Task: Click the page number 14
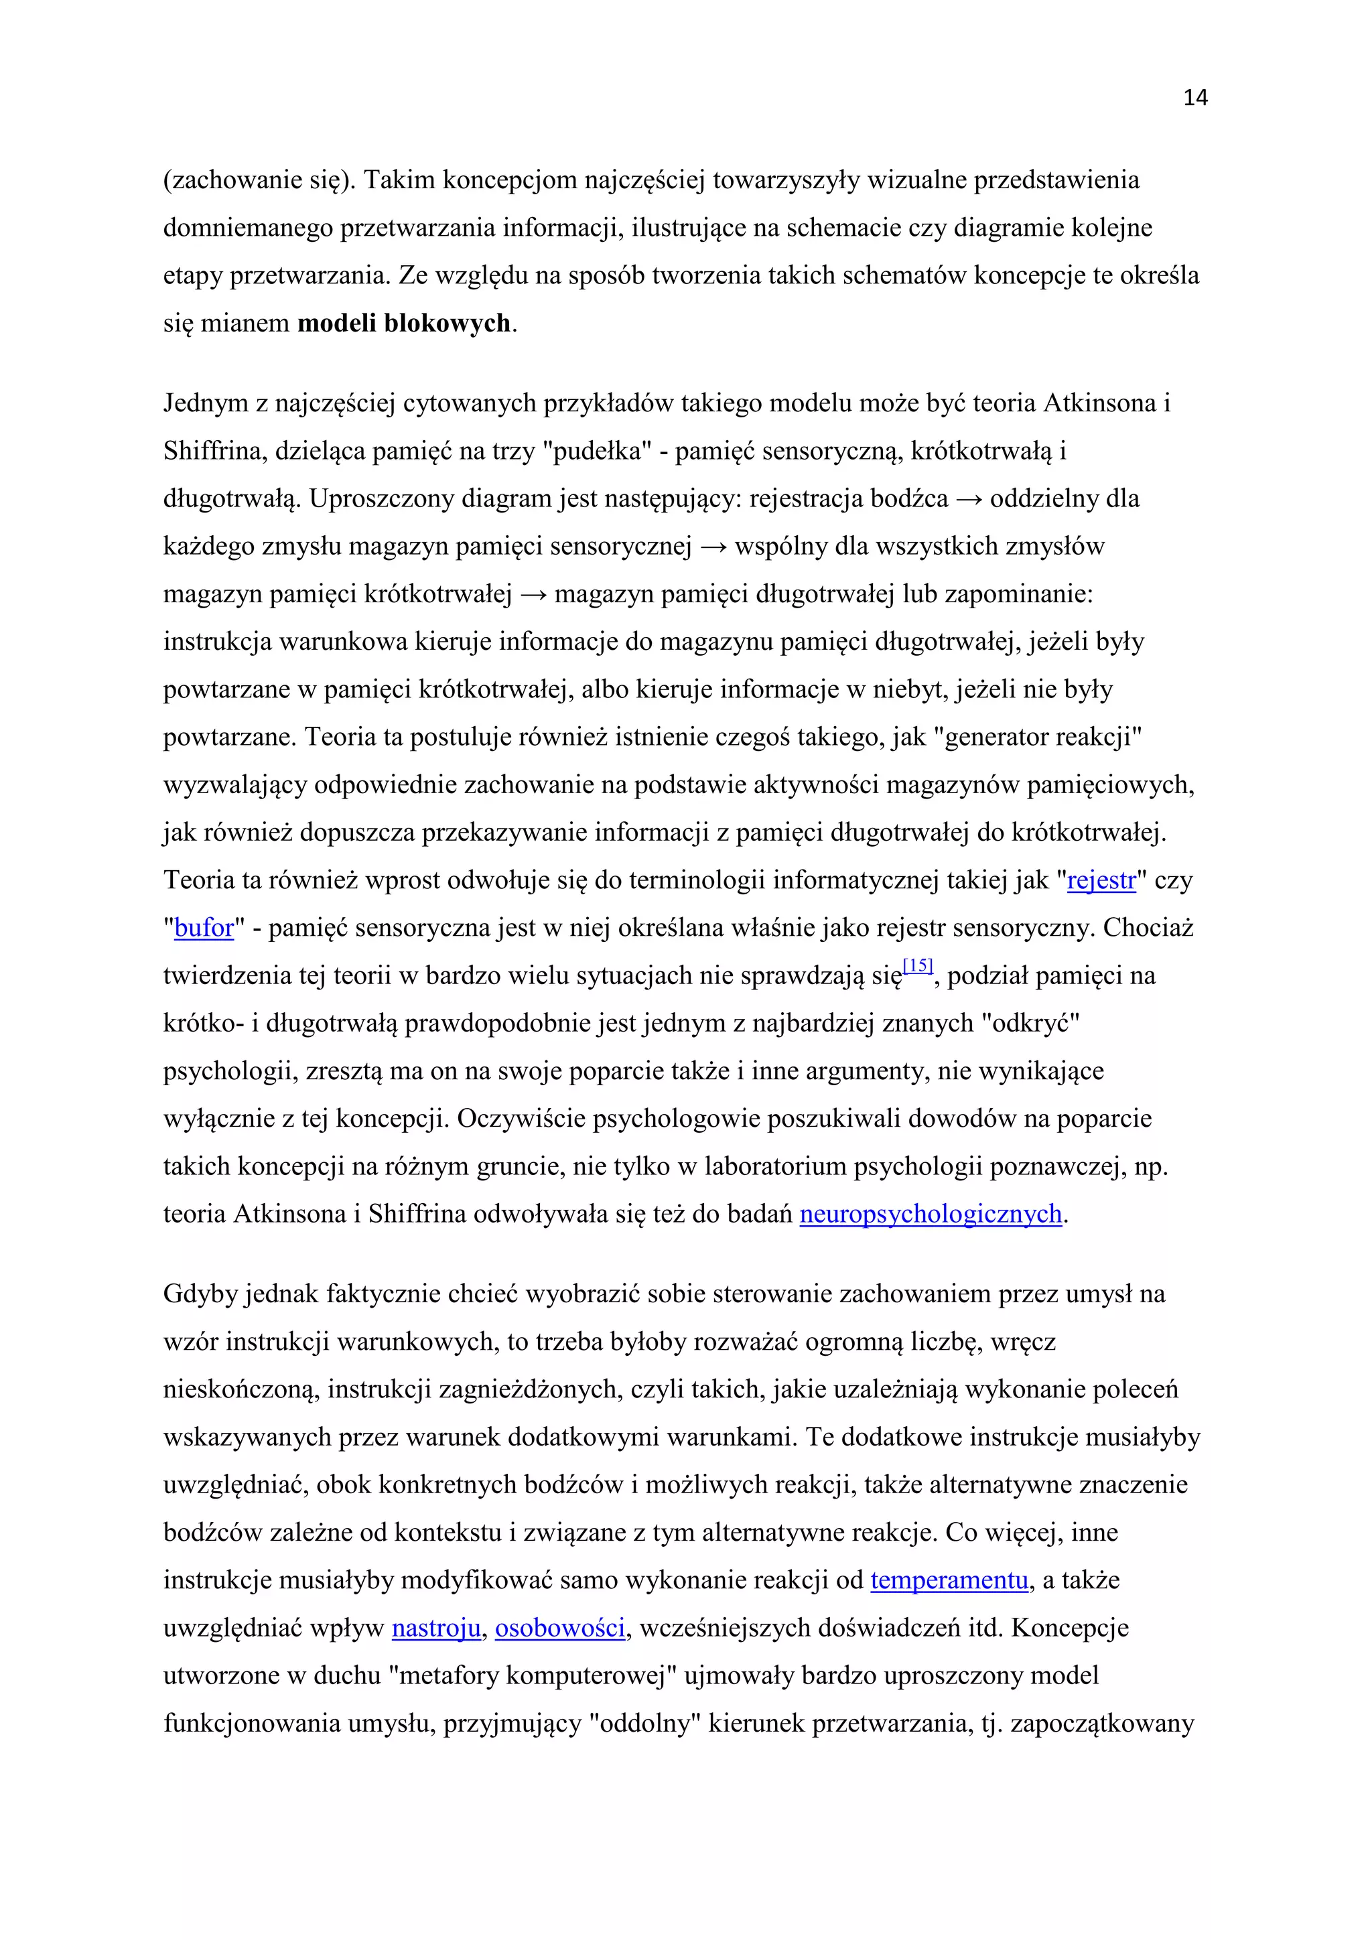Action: coord(1195,98)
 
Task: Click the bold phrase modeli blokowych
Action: coord(404,324)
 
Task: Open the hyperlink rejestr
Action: coord(1101,880)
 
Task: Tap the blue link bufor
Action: coord(204,928)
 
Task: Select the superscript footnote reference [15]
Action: coord(918,966)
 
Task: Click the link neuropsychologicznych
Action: coord(930,1215)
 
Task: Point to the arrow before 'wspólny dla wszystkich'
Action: coord(714,547)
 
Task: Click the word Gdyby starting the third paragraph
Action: coord(200,1294)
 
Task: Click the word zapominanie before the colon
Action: coord(1016,595)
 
